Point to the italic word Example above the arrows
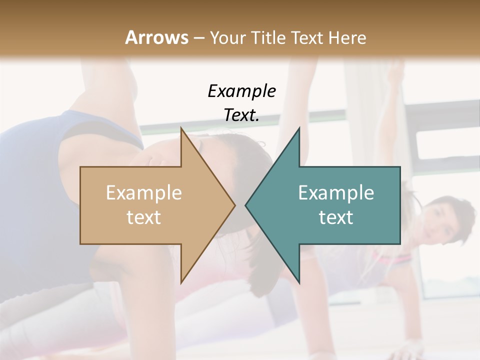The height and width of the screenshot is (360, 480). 242,91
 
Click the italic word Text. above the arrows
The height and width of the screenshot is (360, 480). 242,115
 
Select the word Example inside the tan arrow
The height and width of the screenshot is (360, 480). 144,192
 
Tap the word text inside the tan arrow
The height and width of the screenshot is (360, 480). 144,217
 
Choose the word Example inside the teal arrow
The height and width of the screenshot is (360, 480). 336,192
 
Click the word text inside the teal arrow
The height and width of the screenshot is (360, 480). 336,217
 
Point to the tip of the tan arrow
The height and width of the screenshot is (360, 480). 234,205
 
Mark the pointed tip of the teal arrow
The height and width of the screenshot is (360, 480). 246,205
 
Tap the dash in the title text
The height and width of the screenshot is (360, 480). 198,37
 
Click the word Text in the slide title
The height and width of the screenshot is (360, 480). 308,37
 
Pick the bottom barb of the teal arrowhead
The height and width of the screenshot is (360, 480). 298,281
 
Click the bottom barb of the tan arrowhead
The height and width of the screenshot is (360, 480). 182,281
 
